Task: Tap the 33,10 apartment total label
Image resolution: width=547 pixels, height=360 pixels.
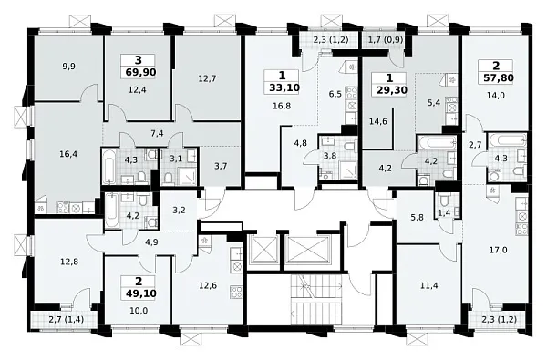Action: (284, 87)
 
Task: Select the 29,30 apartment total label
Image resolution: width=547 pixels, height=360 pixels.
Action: (392, 90)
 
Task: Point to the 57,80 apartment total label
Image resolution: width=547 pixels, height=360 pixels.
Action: (499, 77)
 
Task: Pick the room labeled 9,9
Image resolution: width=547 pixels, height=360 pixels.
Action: (68, 67)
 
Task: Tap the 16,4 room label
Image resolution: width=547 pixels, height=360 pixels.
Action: (67, 154)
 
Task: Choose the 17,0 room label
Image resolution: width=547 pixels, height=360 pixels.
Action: (498, 250)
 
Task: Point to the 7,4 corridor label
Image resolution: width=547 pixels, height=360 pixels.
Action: (158, 133)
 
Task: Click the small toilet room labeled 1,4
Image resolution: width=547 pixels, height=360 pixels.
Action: (444, 213)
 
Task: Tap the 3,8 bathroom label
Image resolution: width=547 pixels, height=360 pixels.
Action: (330, 156)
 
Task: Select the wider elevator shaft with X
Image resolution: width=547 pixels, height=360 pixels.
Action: (308, 249)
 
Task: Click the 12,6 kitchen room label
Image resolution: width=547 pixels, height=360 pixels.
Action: (208, 285)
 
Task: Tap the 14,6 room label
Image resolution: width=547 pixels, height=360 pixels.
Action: (378, 122)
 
